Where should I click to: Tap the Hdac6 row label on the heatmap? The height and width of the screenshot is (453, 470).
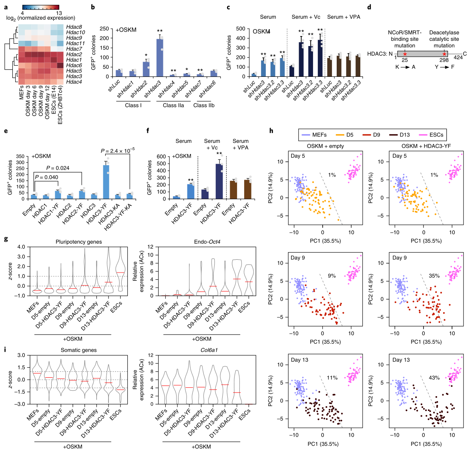click(x=74, y=65)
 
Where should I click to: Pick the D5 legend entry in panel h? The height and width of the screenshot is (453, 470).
click(x=347, y=135)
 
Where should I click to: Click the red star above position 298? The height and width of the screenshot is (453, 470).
click(x=444, y=54)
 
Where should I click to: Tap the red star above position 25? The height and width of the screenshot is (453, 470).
click(x=405, y=54)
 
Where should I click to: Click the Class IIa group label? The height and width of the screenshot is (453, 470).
click(x=173, y=105)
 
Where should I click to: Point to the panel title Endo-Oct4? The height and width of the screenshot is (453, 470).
click(x=201, y=242)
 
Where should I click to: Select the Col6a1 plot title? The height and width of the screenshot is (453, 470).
click(x=201, y=350)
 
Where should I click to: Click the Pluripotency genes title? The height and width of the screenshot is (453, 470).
click(x=79, y=242)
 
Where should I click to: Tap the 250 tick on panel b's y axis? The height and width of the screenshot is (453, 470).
click(x=104, y=29)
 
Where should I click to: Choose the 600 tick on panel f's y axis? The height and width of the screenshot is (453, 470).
click(x=161, y=156)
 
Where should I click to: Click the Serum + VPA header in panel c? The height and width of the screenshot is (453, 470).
click(x=343, y=17)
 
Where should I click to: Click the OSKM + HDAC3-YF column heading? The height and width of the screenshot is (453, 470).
click(x=426, y=146)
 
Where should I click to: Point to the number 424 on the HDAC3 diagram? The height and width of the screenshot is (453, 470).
click(x=458, y=57)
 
